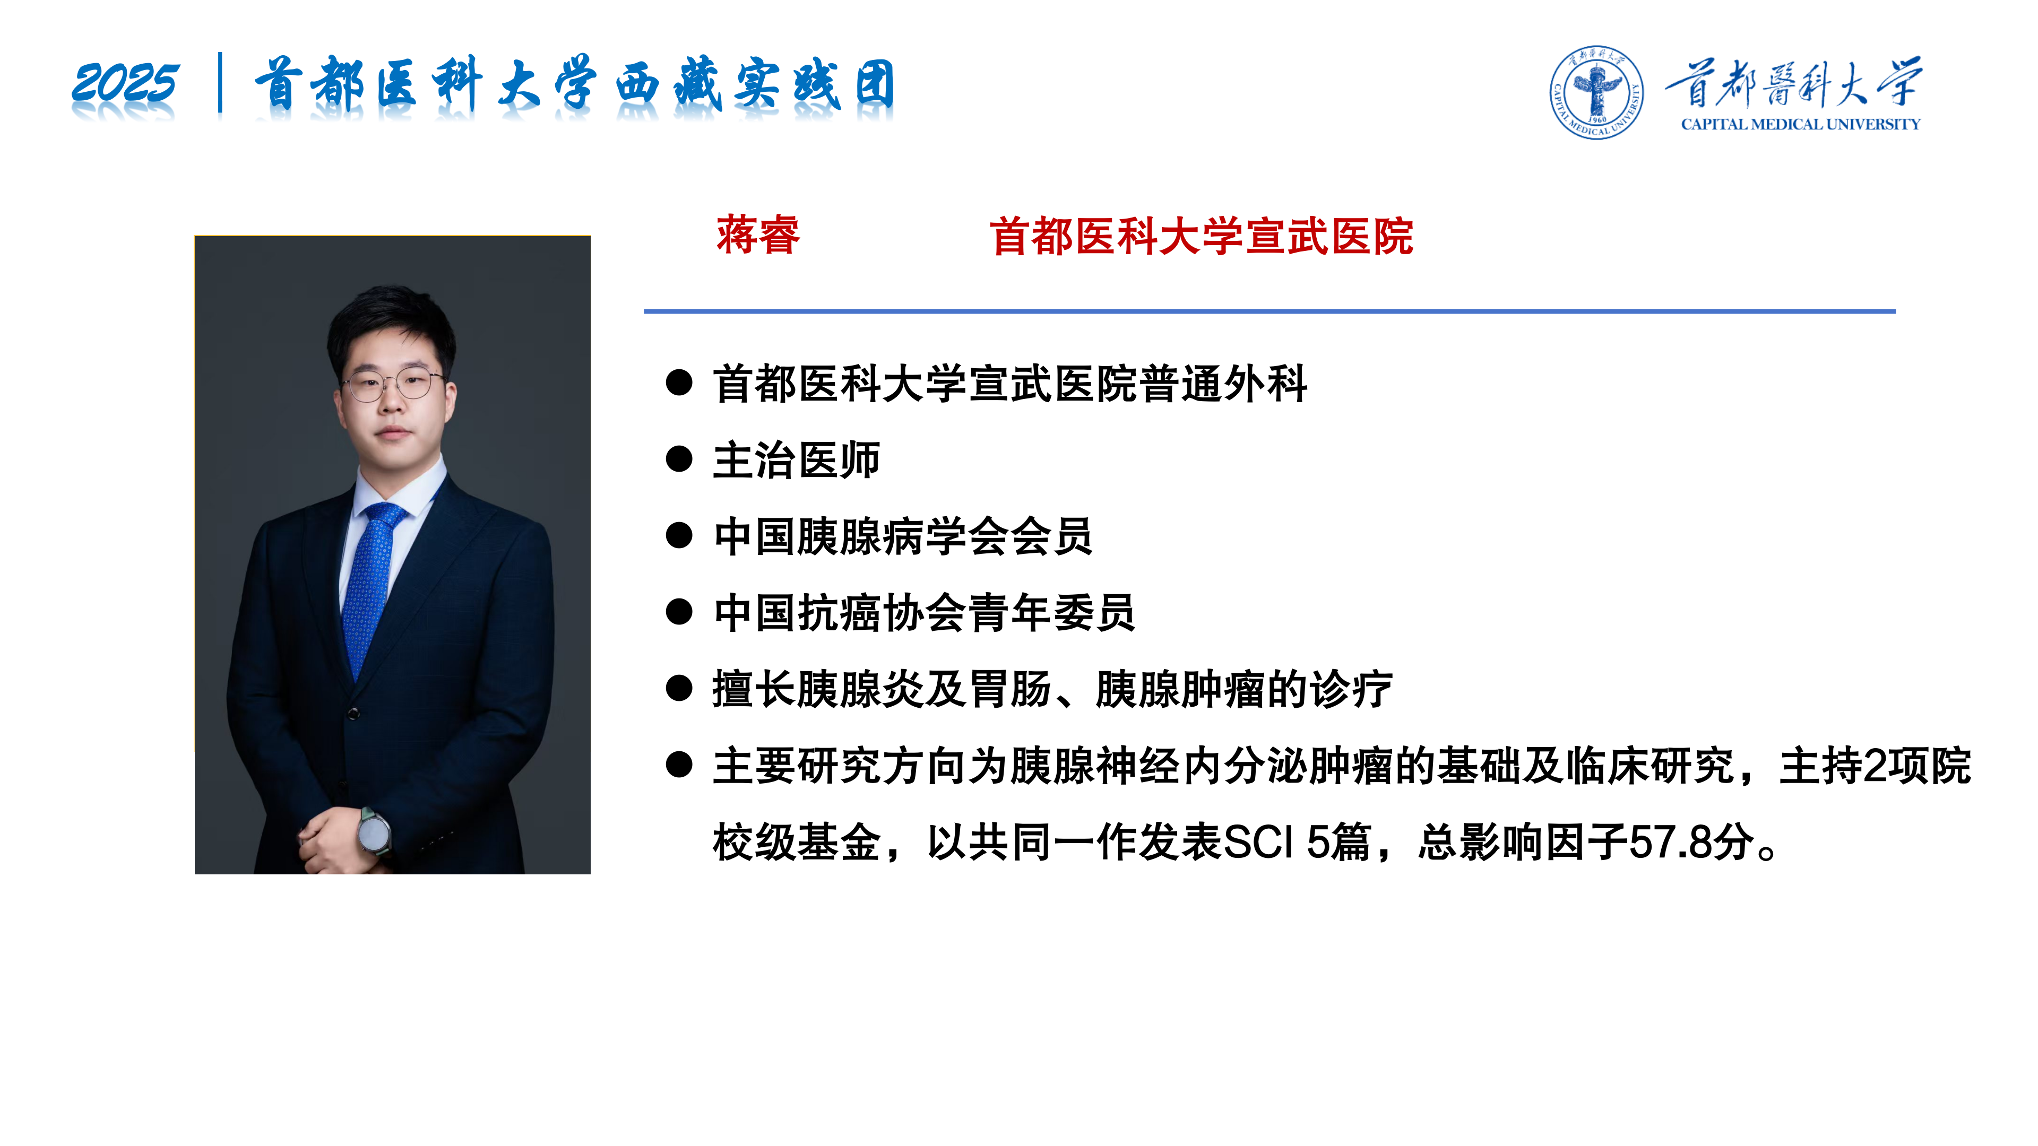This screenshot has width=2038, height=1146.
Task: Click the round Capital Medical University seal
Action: tap(1596, 92)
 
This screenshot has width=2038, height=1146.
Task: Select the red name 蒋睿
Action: tap(758, 235)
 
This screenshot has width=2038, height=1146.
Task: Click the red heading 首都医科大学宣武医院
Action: tap(1201, 237)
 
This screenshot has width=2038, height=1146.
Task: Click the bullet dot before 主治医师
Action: tap(679, 459)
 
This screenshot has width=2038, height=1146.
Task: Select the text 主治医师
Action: tap(796, 459)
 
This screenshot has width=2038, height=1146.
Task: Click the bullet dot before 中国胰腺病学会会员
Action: tap(679, 535)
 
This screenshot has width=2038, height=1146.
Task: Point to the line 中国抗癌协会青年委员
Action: tap(924, 612)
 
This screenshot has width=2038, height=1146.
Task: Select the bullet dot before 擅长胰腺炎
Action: tap(679, 688)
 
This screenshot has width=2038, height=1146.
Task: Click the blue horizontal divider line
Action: tap(1270, 311)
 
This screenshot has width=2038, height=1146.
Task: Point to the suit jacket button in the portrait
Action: tap(353, 714)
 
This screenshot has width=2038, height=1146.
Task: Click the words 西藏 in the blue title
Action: tap(669, 83)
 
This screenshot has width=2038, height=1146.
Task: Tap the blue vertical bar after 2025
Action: tap(220, 82)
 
